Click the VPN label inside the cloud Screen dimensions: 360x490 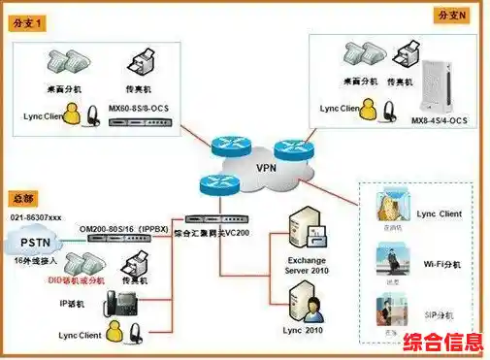click(265, 166)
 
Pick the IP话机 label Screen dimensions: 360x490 click(73, 305)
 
